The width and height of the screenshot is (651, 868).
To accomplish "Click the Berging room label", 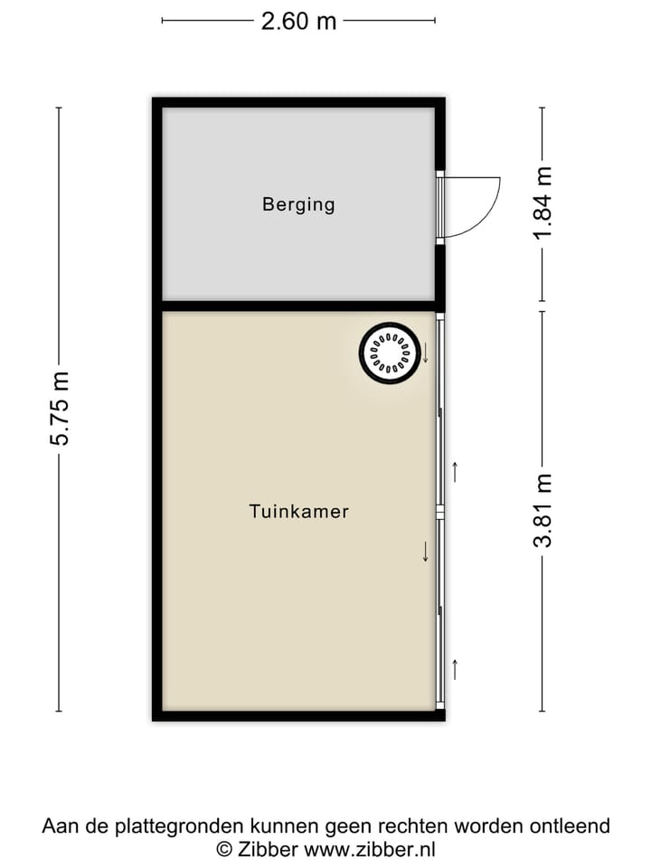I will [298, 204].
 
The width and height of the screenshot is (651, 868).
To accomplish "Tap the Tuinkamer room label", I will [298, 512].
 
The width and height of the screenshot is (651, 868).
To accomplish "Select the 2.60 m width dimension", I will [298, 21].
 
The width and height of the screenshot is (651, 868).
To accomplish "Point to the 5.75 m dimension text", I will [60, 409].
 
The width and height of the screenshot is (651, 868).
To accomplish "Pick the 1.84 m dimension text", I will [542, 205].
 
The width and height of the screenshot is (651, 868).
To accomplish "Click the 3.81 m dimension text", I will [542, 511].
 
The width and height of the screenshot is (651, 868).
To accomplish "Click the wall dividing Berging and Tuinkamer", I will [298, 306].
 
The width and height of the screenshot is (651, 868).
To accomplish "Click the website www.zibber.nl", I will [370, 849].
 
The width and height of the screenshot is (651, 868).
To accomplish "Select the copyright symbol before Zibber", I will [223, 849].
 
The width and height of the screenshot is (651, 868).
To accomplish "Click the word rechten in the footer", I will [414, 826].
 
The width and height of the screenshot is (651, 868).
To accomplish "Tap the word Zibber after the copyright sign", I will [268, 849].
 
